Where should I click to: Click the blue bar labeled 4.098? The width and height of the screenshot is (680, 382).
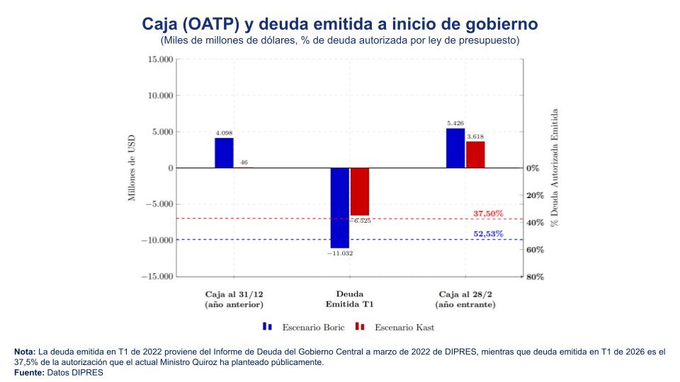pyautogui.click(x=224, y=153)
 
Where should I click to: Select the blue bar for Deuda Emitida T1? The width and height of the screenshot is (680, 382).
pyautogui.click(x=339, y=207)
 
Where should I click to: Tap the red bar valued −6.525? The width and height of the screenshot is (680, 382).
pyautogui.click(x=360, y=191)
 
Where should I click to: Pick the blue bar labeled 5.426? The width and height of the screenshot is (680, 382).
pyautogui.click(x=455, y=149)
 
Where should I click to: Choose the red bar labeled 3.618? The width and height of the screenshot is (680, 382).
pyautogui.click(x=475, y=155)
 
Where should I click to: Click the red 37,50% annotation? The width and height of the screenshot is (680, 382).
pyautogui.click(x=488, y=213)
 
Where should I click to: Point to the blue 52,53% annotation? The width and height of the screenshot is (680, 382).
pyautogui.click(x=488, y=234)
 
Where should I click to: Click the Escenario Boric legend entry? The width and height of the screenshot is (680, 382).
pyautogui.click(x=313, y=328)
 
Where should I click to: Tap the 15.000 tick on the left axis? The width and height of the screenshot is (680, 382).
pyautogui.click(x=160, y=59)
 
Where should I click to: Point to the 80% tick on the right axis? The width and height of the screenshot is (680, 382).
pyautogui.click(x=535, y=277)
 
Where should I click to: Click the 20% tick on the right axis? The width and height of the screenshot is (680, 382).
pyautogui.click(x=535, y=195)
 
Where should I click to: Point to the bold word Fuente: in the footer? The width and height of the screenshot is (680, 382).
pyautogui.click(x=29, y=372)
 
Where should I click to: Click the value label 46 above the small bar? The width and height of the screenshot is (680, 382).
pyautogui.click(x=244, y=163)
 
